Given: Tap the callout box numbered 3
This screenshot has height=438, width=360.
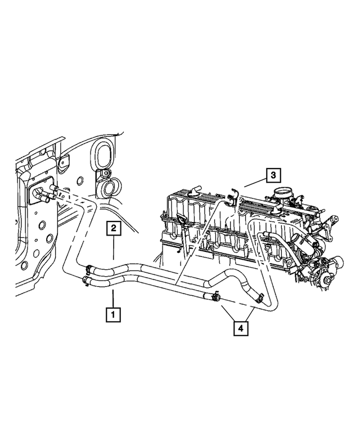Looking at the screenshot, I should coord(271,175).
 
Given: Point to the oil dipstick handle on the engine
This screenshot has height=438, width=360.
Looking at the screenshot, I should coord(181,220).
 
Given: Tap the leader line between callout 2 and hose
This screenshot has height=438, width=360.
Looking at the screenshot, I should coord(113,247).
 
